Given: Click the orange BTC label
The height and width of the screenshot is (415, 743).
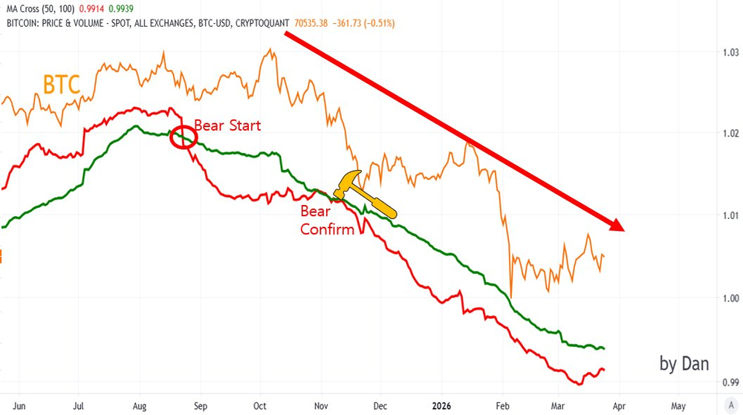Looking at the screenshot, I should point(62,84).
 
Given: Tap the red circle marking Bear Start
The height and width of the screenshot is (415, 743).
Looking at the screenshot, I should point(183,137).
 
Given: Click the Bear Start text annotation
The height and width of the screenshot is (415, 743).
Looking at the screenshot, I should point(227,125).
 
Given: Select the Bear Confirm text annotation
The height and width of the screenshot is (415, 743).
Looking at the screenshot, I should point(327,220).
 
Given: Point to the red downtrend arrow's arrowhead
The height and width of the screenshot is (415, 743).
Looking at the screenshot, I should point(619,226).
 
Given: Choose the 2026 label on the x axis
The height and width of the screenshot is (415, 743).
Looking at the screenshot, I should point(444,407).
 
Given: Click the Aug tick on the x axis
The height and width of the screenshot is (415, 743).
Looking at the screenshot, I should point(140,407).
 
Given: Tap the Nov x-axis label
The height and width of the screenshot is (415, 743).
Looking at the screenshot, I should point(321,407).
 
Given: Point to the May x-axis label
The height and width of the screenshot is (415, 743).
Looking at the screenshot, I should point(678,407).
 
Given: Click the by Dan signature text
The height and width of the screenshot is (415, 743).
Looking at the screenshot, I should point(684,363).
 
